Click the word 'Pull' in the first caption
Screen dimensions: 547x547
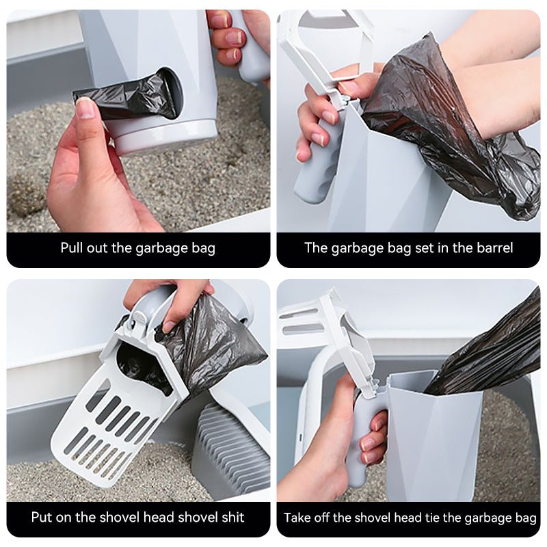coord(73,248)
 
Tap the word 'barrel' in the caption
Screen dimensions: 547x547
coord(492,248)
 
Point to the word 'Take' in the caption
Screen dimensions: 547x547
coord(298,518)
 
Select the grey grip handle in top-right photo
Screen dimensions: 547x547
coord(317,164)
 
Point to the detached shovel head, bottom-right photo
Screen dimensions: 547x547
coord(321,328)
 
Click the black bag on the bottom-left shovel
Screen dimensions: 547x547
coord(205,342)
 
